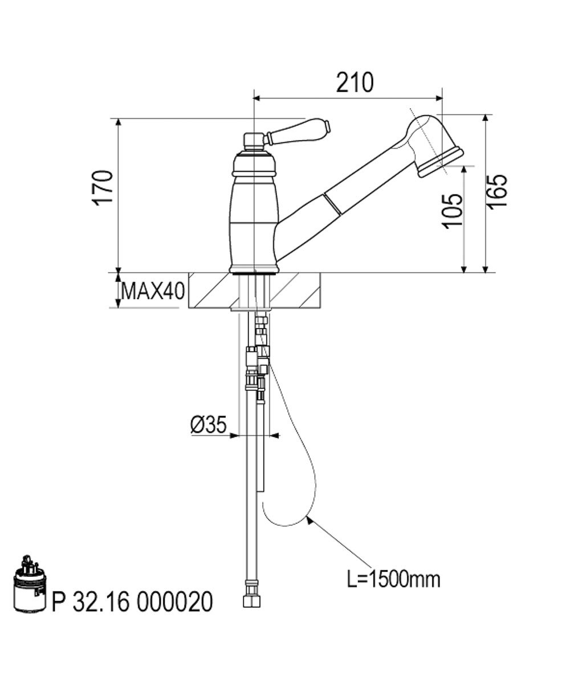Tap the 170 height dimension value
click(x=103, y=189)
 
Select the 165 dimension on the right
click(x=497, y=191)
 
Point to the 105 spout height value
click(x=452, y=211)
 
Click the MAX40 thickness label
click(x=153, y=291)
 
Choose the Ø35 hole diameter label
click(x=209, y=425)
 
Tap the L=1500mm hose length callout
click(x=393, y=579)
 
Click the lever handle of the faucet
click(x=298, y=132)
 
